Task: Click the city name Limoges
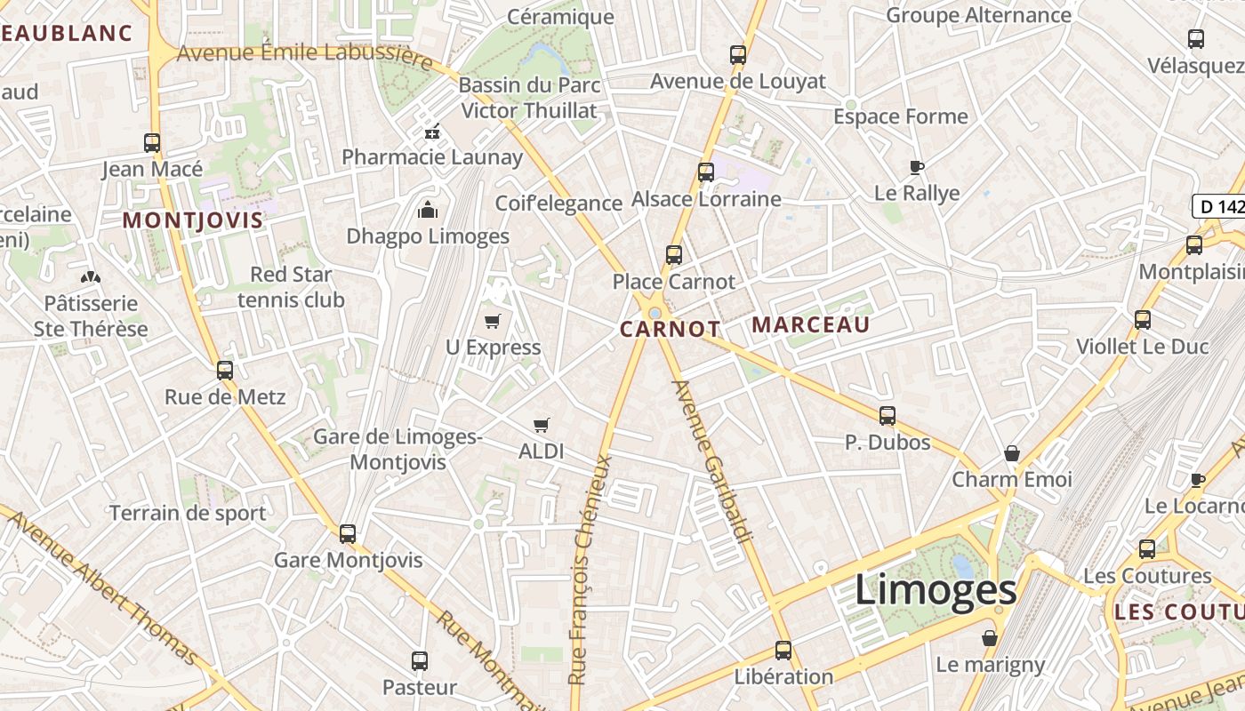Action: pyautogui.click(x=936, y=590)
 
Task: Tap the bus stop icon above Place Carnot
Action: pyautogui.click(x=674, y=255)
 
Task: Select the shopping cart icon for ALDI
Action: pyautogui.click(x=541, y=425)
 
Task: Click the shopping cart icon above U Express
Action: pyautogui.click(x=492, y=321)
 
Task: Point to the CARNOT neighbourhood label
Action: pyautogui.click(x=670, y=330)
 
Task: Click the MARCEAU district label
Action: pyautogui.click(x=810, y=325)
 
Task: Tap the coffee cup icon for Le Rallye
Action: pyautogui.click(x=917, y=167)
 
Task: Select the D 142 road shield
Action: pyautogui.click(x=1219, y=207)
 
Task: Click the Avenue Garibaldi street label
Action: pyautogui.click(x=714, y=460)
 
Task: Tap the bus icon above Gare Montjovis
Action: pyautogui.click(x=348, y=534)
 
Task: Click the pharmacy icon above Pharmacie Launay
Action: pyautogui.click(x=432, y=132)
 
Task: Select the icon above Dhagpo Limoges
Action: pyautogui.click(x=428, y=211)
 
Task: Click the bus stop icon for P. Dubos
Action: pyautogui.click(x=887, y=415)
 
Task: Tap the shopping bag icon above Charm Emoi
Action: pyautogui.click(x=1012, y=453)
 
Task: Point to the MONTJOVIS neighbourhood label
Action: pyautogui.click(x=193, y=220)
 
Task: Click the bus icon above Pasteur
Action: pyautogui.click(x=420, y=661)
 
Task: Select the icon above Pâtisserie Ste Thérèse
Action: pyautogui.click(x=91, y=277)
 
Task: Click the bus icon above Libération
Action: pyautogui.click(x=783, y=651)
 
